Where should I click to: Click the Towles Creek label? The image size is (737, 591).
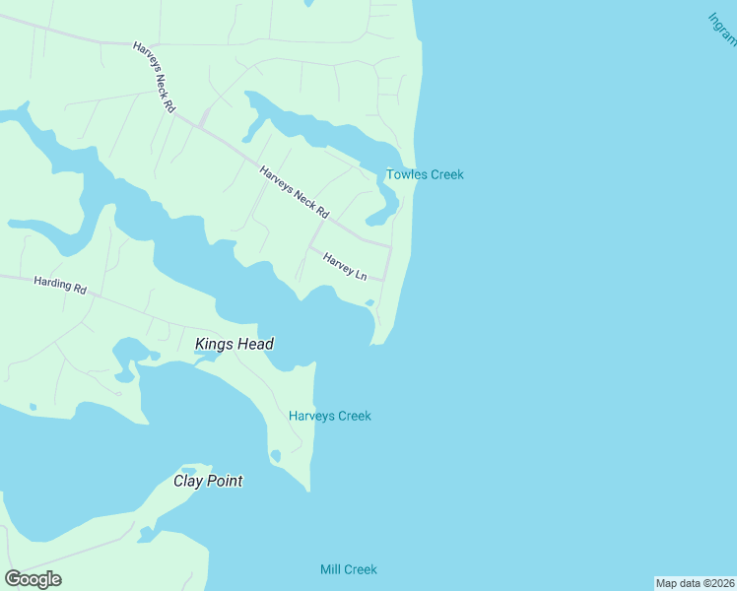pos(425,175)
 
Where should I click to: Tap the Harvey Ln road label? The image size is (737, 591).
pos(345,265)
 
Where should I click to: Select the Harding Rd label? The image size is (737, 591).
pos(60,287)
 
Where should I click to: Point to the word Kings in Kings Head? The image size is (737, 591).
pos(215,344)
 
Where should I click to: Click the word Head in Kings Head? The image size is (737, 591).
pos(255,344)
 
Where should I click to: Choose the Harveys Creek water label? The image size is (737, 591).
pos(330,416)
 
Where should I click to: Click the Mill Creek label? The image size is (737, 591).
pos(349,569)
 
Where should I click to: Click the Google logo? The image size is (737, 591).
pos(33,579)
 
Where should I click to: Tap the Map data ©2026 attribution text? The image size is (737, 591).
pos(696,583)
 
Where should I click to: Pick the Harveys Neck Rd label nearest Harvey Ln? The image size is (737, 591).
pos(294,192)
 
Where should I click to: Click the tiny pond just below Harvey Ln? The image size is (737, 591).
pos(369,302)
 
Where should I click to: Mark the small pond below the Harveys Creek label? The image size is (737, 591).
pos(275,455)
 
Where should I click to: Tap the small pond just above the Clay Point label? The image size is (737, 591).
pos(202,467)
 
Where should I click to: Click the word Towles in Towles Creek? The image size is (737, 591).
pos(406,175)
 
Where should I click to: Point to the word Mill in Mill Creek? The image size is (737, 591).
pos(330,569)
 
